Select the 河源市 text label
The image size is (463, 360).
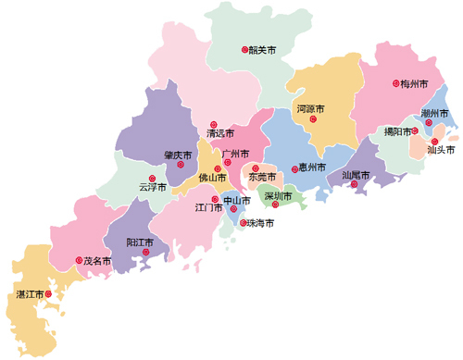[x=310, y=109]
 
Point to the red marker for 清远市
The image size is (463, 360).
[x=212, y=124]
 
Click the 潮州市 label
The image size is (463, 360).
[x=435, y=113]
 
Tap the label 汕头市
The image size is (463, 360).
[x=441, y=149]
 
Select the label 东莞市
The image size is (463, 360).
[x=263, y=176]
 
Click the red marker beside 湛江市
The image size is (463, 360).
[x=50, y=294]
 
